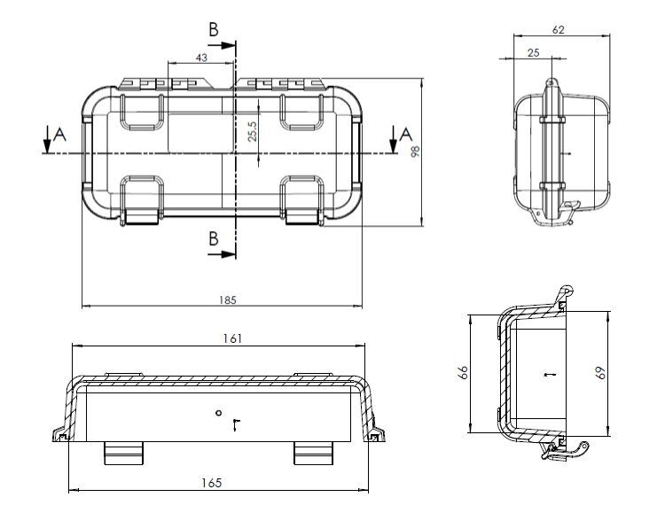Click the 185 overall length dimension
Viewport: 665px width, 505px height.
pos(227,300)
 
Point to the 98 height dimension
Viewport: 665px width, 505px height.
pos(414,151)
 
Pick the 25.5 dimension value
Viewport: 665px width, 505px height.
pos(253,131)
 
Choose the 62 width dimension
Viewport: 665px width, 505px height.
pos(559,29)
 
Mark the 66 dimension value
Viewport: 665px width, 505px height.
pos(461,374)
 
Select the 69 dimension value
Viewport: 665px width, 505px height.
pos(600,372)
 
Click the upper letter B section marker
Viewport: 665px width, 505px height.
pos(214,30)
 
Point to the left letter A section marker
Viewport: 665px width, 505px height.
pos(59,134)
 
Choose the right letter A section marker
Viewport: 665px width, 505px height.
pos(405,134)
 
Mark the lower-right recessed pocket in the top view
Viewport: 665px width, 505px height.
pos(303,197)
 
